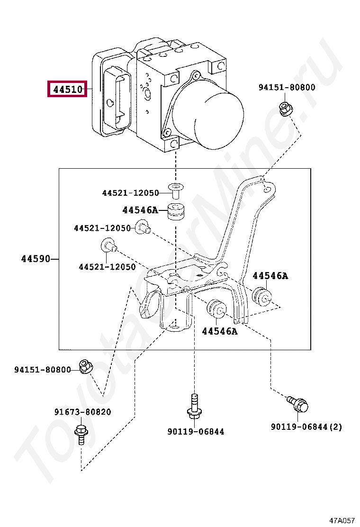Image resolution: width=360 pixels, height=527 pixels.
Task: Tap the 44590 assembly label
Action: click(x=36, y=259)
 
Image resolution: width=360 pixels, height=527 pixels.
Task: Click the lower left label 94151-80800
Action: click(x=42, y=370)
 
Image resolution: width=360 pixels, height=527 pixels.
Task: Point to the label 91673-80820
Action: click(x=82, y=412)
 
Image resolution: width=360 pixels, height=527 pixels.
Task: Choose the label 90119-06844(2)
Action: click(x=306, y=427)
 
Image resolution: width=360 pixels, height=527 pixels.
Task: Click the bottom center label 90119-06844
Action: click(x=196, y=431)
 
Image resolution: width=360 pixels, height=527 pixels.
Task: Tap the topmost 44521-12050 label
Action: click(x=130, y=193)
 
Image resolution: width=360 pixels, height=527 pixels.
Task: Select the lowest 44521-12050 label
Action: click(x=107, y=267)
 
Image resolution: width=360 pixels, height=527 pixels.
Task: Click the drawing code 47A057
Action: click(x=342, y=520)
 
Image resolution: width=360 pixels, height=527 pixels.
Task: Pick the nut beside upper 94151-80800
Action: click(x=285, y=109)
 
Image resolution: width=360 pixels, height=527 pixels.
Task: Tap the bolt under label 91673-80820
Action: click(x=80, y=434)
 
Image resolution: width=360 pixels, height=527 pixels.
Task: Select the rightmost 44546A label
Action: click(x=270, y=275)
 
